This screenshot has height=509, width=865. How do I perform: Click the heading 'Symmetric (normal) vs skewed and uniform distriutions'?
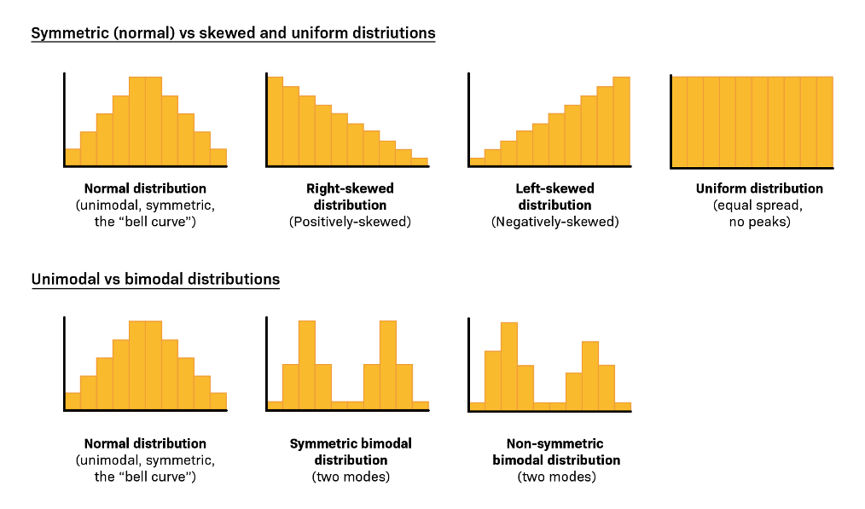233,33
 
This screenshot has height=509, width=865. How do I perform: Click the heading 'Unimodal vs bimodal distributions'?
155,279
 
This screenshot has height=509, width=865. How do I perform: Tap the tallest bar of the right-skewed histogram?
276,120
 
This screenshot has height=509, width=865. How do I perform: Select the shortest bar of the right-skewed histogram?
419,161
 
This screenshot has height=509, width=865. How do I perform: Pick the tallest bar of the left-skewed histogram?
621,121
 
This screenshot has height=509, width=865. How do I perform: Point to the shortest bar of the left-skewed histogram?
477,161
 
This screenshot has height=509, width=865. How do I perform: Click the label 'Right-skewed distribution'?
350,196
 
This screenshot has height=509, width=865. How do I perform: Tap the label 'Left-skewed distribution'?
554,196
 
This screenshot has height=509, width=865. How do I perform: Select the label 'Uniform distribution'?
759,188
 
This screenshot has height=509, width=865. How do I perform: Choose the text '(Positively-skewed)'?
350,222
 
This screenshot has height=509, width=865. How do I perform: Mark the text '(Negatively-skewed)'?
554,222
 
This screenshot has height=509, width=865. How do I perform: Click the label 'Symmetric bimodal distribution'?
351,452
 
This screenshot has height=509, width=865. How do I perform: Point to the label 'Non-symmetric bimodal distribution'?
555,452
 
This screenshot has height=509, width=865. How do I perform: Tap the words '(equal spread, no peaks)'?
759,213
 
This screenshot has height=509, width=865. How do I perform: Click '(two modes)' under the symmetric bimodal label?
351,477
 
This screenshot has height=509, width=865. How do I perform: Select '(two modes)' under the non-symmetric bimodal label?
555,477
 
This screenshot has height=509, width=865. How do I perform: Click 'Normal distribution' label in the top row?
145,188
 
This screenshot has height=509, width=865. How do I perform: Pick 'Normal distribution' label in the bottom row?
145,443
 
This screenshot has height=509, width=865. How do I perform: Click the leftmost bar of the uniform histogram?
680,121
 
